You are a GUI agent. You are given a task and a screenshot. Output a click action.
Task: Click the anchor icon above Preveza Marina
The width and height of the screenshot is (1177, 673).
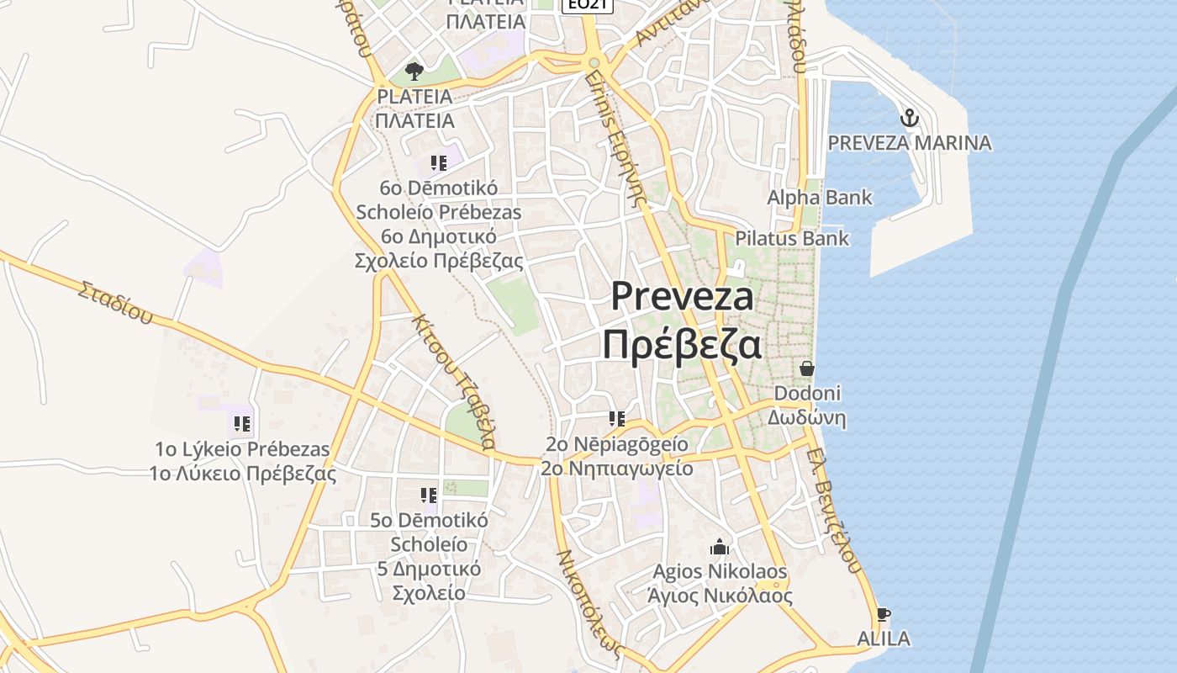tap(909, 118)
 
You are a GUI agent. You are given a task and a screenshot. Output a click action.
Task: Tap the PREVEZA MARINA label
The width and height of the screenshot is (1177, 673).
tap(910, 142)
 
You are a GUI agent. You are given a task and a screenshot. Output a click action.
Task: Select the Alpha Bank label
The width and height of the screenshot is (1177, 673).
tap(820, 198)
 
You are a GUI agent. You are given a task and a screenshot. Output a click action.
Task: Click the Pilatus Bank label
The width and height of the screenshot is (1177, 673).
tap(792, 238)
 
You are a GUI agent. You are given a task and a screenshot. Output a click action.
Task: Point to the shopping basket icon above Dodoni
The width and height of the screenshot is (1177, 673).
tap(807, 368)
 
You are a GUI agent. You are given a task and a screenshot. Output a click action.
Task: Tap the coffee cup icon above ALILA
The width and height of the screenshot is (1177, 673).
tap(883, 615)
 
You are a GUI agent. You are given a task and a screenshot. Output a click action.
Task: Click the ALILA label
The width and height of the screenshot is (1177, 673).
tap(883, 639)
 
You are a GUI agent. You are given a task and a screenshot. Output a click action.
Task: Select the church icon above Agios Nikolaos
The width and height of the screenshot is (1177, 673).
tap(719, 548)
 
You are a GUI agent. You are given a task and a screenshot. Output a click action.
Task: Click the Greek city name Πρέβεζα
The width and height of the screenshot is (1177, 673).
tap(682, 345)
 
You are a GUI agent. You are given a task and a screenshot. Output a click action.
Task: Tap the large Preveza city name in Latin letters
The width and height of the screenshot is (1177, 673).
tap(682, 296)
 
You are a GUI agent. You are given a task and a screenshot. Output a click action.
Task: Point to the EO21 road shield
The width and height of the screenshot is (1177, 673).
tap(587, 5)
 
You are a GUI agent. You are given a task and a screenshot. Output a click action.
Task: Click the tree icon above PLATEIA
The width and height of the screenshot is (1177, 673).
tap(413, 72)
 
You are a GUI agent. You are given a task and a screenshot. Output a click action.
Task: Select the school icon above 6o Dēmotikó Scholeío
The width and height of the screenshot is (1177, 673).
tap(438, 163)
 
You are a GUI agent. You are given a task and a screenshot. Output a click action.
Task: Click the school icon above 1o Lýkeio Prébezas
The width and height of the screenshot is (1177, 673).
tap(242, 424)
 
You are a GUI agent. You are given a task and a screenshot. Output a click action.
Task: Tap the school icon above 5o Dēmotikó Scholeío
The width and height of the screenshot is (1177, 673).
tap(429, 495)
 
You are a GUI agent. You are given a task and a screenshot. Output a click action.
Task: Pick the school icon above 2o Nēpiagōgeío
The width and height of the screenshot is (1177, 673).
tap(617, 419)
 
